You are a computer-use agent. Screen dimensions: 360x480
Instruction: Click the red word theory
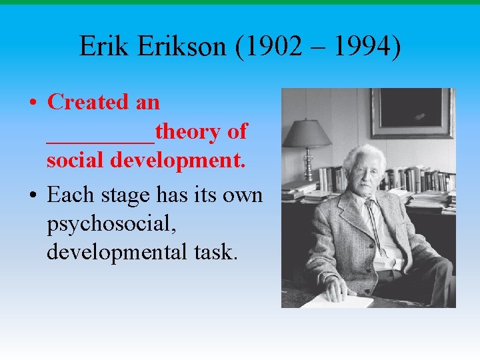(x=189, y=132)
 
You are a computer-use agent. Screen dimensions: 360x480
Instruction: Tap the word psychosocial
(x=111, y=225)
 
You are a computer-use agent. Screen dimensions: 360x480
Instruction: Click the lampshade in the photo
(x=307, y=133)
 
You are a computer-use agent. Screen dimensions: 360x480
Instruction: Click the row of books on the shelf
(x=420, y=180)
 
